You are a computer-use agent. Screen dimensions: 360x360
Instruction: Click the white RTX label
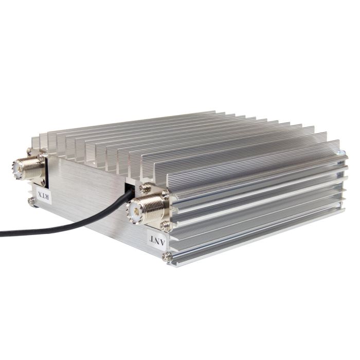44,193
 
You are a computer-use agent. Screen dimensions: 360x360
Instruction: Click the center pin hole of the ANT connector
134,210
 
